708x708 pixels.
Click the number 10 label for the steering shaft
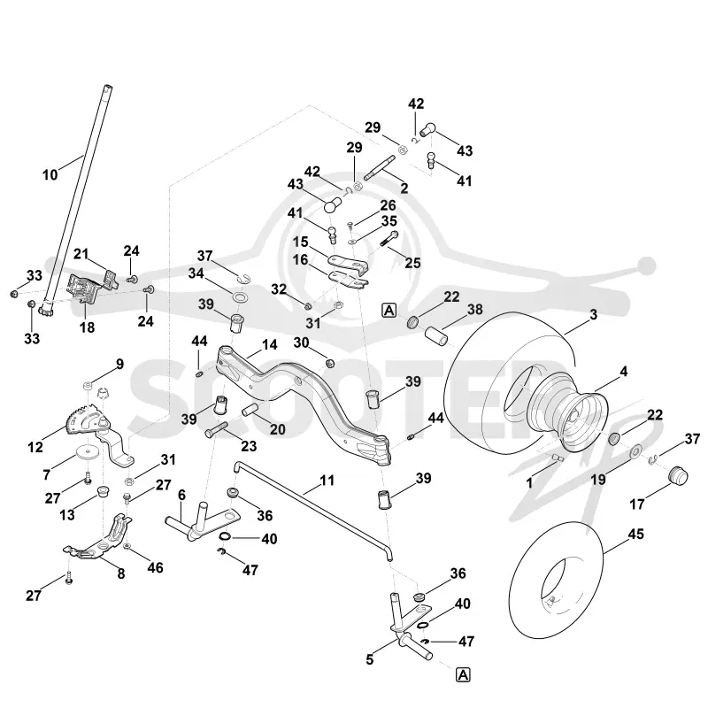click(50, 174)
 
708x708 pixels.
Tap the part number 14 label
click(269, 345)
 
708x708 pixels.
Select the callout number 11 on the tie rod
click(327, 480)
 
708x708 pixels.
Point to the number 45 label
click(635, 535)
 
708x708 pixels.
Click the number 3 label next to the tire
click(593, 315)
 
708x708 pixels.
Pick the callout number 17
click(636, 504)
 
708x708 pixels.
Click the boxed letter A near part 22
click(389, 311)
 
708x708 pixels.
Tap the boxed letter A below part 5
click(463, 675)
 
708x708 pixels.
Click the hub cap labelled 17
click(678, 476)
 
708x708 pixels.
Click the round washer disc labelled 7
click(86, 452)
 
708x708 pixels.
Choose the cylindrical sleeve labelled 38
click(437, 337)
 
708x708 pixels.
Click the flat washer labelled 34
click(239, 297)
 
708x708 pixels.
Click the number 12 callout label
click(35, 447)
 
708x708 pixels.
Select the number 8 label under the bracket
click(121, 573)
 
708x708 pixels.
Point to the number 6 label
click(181, 496)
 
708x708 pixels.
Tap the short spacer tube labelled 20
click(250, 410)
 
